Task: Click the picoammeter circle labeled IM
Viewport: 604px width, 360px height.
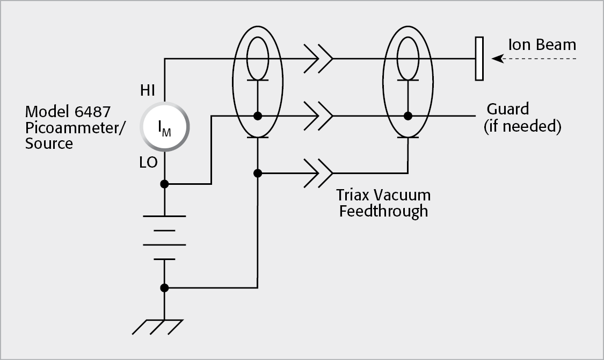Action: pyautogui.click(x=164, y=128)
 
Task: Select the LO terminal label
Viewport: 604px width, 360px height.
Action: pyautogui.click(x=148, y=162)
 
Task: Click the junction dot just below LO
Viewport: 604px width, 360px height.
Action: pyautogui.click(x=164, y=184)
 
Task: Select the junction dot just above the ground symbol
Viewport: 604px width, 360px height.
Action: pyautogui.click(x=164, y=288)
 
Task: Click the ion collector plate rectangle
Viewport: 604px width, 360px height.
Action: pyautogui.click(x=479, y=59)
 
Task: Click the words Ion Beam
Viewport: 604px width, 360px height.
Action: pyautogui.click(x=542, y=45)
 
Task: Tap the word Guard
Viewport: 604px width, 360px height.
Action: pyautogui.click(x=507, y=109)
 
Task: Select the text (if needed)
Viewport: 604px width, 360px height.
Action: pyautogui.click(x=522, y=127)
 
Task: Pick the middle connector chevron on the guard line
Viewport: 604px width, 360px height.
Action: pyautogui.click(x=318, y=116)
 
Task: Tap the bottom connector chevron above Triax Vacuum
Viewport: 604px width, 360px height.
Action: pyautogui.click(x=318, y=173)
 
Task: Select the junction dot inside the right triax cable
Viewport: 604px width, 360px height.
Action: pyautogui.click(x=408, y=116)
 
